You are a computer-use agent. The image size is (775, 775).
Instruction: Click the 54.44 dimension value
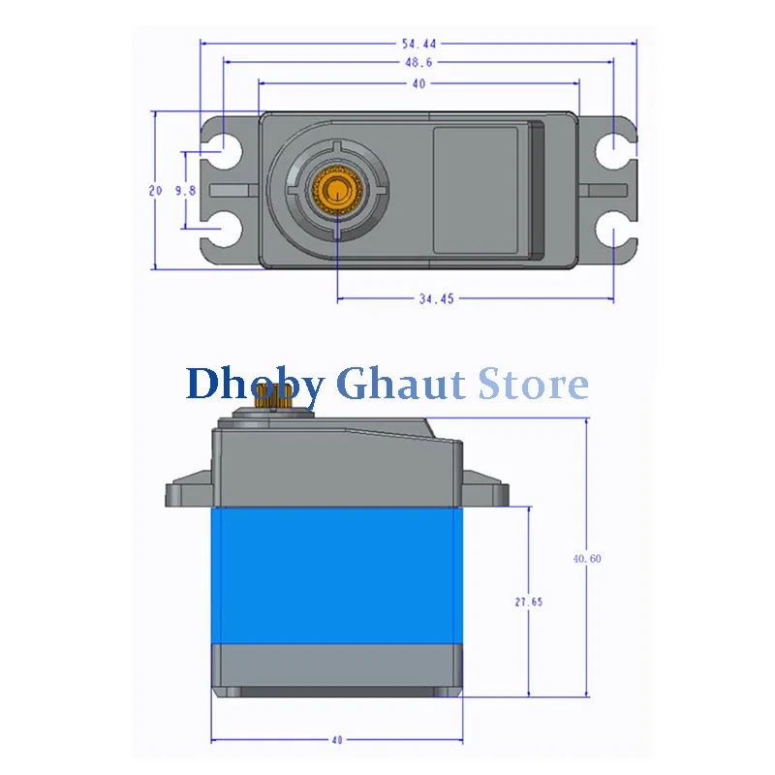click(x=419, y=44)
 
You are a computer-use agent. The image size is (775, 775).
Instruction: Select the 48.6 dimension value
click(x=418, y=62)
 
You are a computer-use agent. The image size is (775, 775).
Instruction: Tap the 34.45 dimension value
click(x=437, y=299)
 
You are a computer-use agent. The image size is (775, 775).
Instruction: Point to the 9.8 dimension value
click(x=185, y=190)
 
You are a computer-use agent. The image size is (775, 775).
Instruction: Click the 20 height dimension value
click(x=155, y=190)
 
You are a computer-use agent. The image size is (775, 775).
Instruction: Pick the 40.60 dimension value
click(x=587, y=559)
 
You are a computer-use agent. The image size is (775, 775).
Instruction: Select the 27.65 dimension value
click(x=529, y=602)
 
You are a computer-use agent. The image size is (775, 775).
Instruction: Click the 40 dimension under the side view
click(x=337, y=740)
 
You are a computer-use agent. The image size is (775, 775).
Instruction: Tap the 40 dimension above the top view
click(x=418, y=84)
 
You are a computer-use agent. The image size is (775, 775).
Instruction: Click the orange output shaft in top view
click(x=337, y=190)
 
